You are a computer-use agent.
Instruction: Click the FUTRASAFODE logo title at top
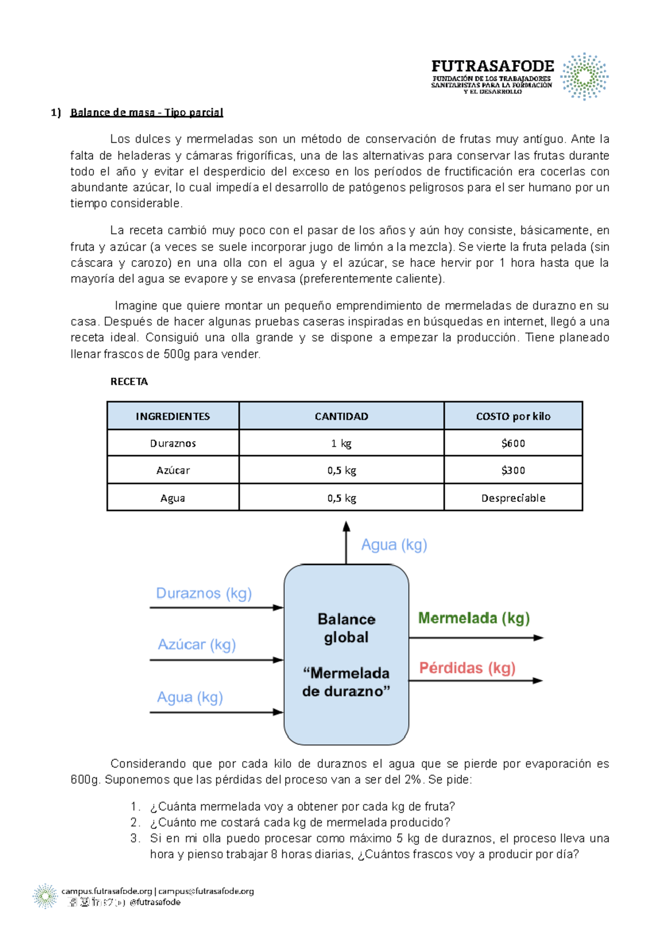tap(492, 66)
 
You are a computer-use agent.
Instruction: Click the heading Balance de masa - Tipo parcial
tap(146, 113)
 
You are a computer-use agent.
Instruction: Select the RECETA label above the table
tap(129, 382)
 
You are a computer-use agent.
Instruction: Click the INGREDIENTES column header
tap(173, 416)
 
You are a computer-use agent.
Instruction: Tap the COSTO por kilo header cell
tap(513, 416)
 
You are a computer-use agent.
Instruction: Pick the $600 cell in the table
tap(513, 443)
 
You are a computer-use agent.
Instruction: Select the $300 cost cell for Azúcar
tap(513, 470)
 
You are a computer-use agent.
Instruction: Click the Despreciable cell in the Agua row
tap(513, 498)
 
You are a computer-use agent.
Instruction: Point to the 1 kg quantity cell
tap(341, 443)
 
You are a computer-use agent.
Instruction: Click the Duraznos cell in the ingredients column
tap(173, 443)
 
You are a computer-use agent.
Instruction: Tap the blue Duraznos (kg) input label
tap(203, 593)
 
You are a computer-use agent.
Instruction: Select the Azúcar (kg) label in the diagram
tap(196, 644)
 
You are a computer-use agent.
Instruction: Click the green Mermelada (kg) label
tap(474, 618)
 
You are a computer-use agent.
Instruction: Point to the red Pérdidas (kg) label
tap(467, 668)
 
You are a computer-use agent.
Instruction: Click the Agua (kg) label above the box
tap(394, 545)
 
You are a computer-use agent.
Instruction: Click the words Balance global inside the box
tap(346, 628)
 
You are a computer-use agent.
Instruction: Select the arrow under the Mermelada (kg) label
tap(476, 638)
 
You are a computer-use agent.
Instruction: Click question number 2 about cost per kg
tap(299, 822)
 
